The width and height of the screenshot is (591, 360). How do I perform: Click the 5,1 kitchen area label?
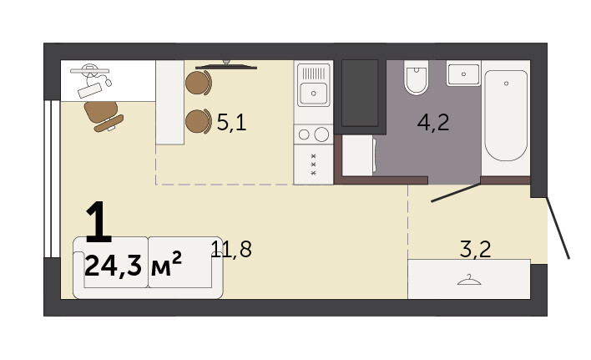(x=232, y=123)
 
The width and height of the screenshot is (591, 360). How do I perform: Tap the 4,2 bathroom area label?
(x=433, y=123)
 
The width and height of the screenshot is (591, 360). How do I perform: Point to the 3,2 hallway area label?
(x=476, y=249)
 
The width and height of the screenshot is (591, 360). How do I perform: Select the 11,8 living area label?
(x=231, y=249)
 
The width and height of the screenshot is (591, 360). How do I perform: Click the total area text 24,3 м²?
(x=134, y=265)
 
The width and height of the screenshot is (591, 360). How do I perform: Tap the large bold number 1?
(x=98, y=221)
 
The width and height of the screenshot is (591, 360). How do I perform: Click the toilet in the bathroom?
(x=416, y=78)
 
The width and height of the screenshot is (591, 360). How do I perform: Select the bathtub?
(x=506, y=115)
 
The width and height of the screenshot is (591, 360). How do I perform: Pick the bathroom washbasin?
(x=463, y=74)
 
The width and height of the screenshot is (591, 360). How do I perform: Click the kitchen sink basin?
(x=314, y=93)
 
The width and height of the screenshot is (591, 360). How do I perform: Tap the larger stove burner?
(x=321, y=134)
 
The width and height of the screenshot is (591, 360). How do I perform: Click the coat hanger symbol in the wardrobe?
(x=469, y=280)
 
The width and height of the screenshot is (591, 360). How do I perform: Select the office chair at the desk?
(x=104, y=116)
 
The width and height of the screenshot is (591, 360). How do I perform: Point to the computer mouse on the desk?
(x=109, y=81)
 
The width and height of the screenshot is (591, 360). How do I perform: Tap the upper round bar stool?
(x=199, y=83)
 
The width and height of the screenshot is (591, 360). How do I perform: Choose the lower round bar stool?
(x=199, y=121)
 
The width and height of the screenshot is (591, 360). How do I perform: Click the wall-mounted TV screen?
(x=226, y=67)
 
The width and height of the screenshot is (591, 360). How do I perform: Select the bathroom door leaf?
(x=456, y=193)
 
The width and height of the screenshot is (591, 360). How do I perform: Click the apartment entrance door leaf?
(x=558, y=228)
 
